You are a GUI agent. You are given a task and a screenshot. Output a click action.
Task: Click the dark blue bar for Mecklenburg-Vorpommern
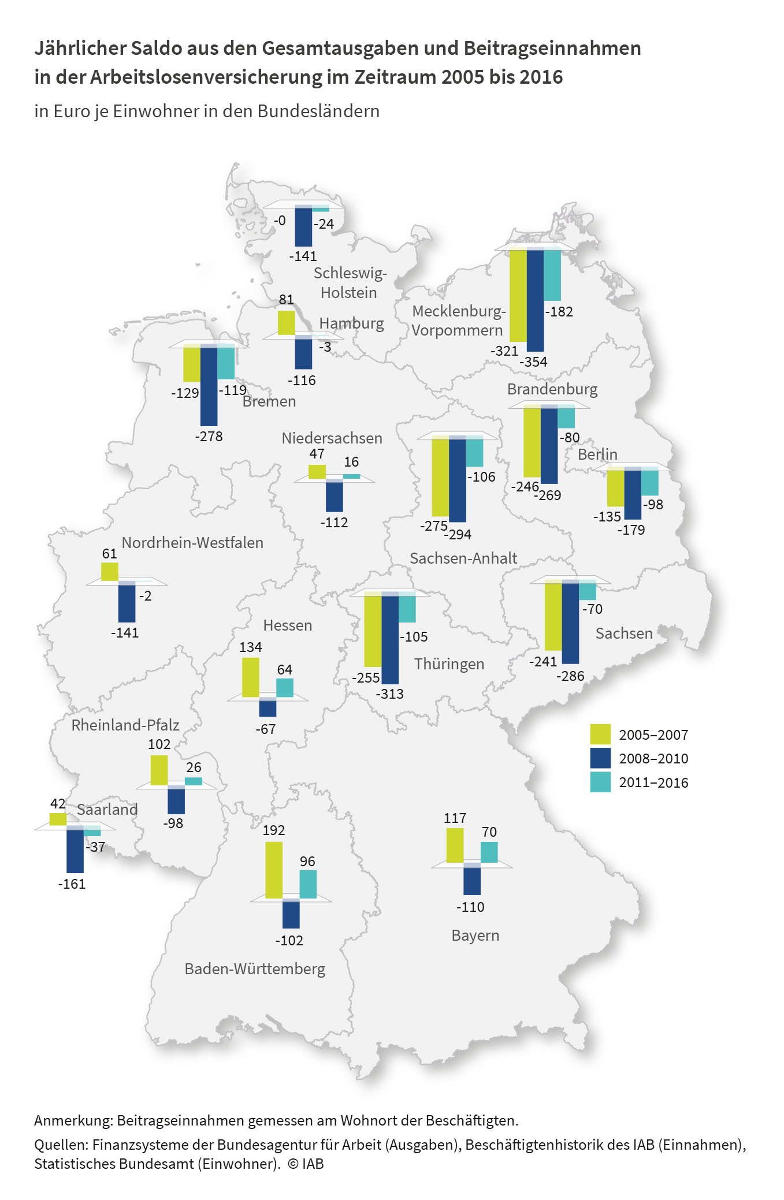click(535, 299)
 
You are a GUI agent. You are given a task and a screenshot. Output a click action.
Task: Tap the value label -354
click(533, 362)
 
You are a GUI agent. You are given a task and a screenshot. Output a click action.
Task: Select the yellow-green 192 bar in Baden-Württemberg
click(274, 870)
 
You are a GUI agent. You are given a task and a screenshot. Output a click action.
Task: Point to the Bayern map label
click(475, 936)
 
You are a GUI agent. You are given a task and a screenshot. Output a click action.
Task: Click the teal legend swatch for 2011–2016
click(600, 782)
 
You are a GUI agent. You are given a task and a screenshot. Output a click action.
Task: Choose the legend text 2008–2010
click(653, 758)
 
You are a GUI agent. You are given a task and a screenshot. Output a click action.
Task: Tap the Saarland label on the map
click(107, 810)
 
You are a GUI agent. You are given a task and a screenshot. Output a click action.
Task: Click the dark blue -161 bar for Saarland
click(75, 850)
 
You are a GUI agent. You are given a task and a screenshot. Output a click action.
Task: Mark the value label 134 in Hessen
click(251, 647)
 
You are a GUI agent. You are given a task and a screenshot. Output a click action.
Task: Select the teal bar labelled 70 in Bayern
click(489, 852)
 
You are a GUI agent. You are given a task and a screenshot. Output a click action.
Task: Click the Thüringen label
click(449, 664)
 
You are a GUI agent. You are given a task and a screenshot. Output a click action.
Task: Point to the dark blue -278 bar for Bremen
click(209, 385)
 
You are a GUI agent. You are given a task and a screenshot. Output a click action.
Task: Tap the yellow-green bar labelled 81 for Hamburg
click(286, 323)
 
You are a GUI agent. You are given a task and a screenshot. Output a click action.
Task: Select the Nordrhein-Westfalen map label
click(192, 543)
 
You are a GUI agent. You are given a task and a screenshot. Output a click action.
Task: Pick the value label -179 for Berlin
click(631, 530)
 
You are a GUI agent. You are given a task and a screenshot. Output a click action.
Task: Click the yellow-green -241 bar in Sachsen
click(553, 616)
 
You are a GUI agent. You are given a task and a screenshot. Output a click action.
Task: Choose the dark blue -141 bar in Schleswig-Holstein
click(303, 226)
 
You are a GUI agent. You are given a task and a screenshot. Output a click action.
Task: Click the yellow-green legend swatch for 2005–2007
click(600, 734)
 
